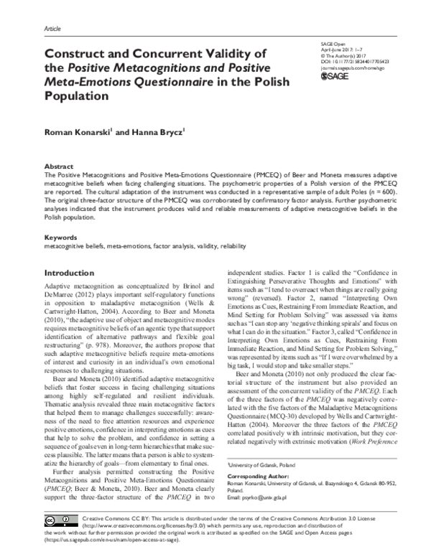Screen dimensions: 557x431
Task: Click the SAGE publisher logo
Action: pyautogui.click(x=335, y=75)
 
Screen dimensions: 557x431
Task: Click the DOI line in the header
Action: pyautogui.click(x=353, y=62)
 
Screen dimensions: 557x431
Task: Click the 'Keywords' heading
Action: pyautogui.click(x=62, y=237)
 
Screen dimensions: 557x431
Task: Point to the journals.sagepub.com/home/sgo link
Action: pyautogui.click(x=353, y=67)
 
